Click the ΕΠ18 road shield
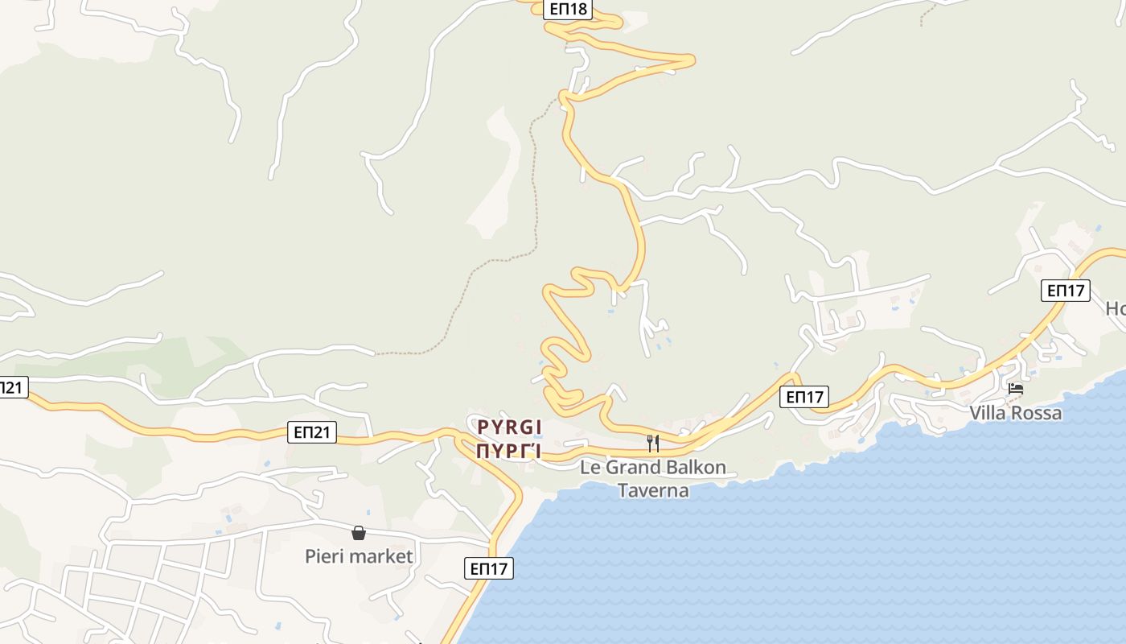pos(569,10)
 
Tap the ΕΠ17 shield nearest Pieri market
pos(489,568)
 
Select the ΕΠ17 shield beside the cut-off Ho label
pos(1066,291)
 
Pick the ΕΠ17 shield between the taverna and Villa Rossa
pos(804,396)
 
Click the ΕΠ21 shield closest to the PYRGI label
pos(312,432)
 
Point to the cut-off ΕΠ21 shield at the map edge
pos(12,387)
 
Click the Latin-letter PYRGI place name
pos(509,427)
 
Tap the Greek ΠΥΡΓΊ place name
pos(508,451)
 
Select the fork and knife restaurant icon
pos(653,443)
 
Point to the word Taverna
pos(653,490)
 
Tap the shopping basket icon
pos(359,533)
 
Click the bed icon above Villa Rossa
pos(1016,390)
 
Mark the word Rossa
pos(1039,413)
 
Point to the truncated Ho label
pos(1116,308)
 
